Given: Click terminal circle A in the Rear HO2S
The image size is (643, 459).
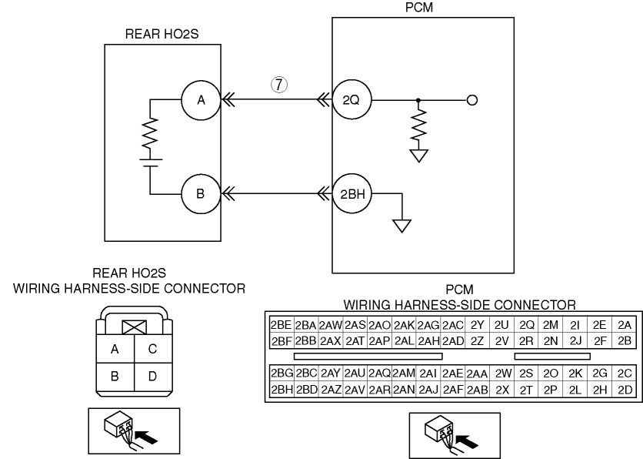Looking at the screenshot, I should (x=200, y=99).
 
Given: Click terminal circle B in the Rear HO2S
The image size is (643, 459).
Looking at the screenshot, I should (x=200, y=193).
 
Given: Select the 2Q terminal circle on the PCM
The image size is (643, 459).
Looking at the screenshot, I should (x=351, y=99).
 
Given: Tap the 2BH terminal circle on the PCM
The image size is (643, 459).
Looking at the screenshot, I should (x=352, y=193).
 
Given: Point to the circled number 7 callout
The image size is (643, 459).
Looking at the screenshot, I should (x=280, y=84).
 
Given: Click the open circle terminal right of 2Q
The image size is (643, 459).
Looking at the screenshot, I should (x=472, y=99).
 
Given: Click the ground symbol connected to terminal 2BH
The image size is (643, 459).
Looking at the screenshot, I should (x=401, y=225).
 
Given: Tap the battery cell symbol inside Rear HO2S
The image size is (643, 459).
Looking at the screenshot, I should (x=150, y=162).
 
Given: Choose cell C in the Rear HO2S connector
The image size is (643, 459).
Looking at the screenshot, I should (x=152, y=349).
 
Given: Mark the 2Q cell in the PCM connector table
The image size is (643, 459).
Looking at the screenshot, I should (x=527, y=325).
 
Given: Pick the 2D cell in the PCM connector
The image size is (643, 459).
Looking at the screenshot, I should (x=625, y=389).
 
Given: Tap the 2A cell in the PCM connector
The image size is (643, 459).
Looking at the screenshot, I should (x=625, y=325).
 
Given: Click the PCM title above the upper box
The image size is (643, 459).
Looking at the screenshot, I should (x=418, y=8).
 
